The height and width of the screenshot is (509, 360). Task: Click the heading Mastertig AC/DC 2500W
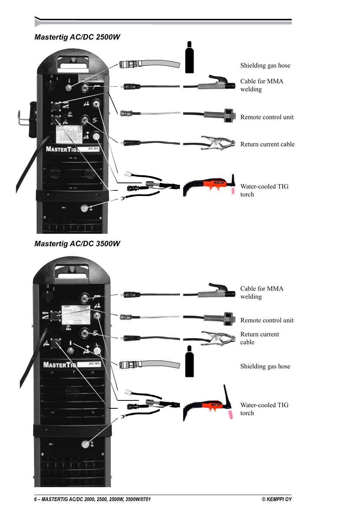coord(77,37)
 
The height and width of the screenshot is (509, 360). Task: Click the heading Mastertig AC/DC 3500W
coord(77,244)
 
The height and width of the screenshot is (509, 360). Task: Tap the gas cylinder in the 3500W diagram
coord(189,362)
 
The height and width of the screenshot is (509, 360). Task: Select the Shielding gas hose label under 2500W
coord(265,66)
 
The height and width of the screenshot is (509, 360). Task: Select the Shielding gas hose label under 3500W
coord(265,366)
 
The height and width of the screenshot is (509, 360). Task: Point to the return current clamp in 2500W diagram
coord(217,143)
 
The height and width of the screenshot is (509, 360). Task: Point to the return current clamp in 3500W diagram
coord(217,338)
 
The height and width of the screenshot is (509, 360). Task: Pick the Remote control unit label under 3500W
coord(267,320)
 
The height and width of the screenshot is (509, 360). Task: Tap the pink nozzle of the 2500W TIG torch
coord(233,191)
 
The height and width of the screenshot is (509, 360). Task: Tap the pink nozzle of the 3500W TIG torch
coord(230,415)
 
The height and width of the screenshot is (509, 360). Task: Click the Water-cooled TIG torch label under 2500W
coord(264,190)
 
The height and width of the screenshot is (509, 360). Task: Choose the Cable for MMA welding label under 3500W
coord(262,293)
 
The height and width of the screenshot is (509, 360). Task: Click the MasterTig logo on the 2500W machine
coord(62,149)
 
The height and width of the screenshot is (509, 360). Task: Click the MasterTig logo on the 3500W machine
coord(59,365)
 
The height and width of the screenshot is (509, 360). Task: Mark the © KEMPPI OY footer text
coord(277,499)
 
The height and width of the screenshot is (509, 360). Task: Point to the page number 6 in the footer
coord(35,499)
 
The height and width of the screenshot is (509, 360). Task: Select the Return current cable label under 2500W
coord(267,144)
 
